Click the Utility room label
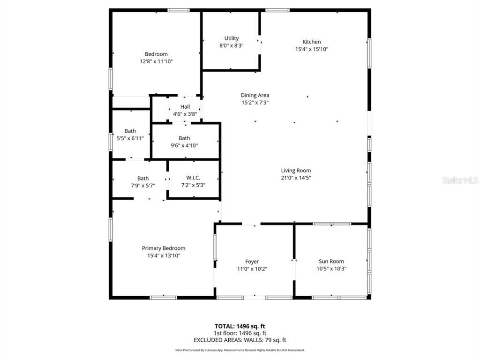(x=231, y=38)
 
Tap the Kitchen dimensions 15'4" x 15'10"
(x=311, y=49)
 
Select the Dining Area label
(x=255, y=95)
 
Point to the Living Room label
(x=296, y=171)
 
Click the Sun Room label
(x=331, y=262)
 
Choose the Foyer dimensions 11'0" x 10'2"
(x=252, y=269)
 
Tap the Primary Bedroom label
(x=164, y=248)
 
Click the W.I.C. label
(x=193, y=178)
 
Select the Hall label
(x=185, y=107)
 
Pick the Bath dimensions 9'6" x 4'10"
(x=184, y=145)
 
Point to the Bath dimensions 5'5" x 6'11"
(x=130, y=138)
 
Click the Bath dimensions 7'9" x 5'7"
(x=142, y=186)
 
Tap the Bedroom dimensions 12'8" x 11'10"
(x=156, y=61)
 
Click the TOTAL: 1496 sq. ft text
(x=240, y=326)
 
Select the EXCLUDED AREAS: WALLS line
(x=240, y=340)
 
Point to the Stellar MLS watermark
(x=459, y=180)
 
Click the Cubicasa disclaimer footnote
(x=240, y=350)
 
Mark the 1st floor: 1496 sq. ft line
(x=240, y=333)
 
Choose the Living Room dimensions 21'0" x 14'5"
(x=296, y=178)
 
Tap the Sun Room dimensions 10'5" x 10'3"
(x=331, y=269)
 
